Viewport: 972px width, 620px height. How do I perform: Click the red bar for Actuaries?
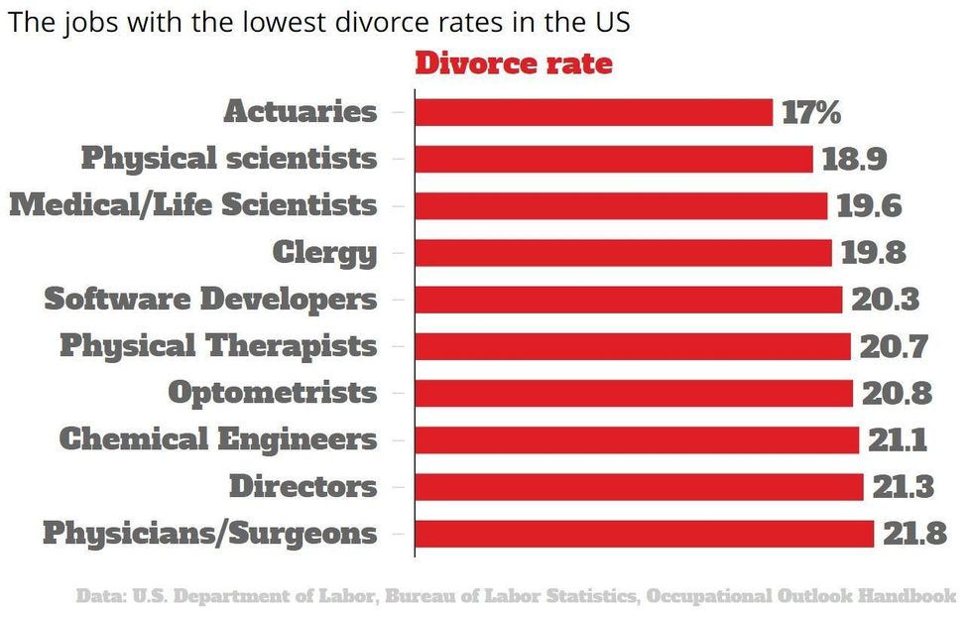pyautogui.click(x=593, y=112)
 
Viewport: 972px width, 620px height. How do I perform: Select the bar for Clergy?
pyautogui.click(x=623, y=253)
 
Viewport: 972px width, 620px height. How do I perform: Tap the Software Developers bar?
pyautogui.click(x=628, y=300)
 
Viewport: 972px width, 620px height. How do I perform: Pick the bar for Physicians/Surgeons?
pyautogui.click(x=644, y=534)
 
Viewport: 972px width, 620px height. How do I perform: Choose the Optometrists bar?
pyautogui.click(x=633, y=393)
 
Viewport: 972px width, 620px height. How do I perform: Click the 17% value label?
pyautogui.click(x=811, y=112)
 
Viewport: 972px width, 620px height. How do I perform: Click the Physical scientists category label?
pyautogui.click(x=229, y=159)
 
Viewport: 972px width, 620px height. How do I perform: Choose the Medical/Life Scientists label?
pyautogui.click(x=193, y=205)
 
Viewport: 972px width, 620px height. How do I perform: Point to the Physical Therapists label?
pyautogui.click(x=218, y=346)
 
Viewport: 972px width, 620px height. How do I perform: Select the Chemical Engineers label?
pyautogui.click(x=218, y=439)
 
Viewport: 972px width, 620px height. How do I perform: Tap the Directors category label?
pyautogui.click(x=304, y=487)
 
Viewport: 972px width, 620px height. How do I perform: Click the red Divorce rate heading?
pyautogui.click(x=513, y=64)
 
